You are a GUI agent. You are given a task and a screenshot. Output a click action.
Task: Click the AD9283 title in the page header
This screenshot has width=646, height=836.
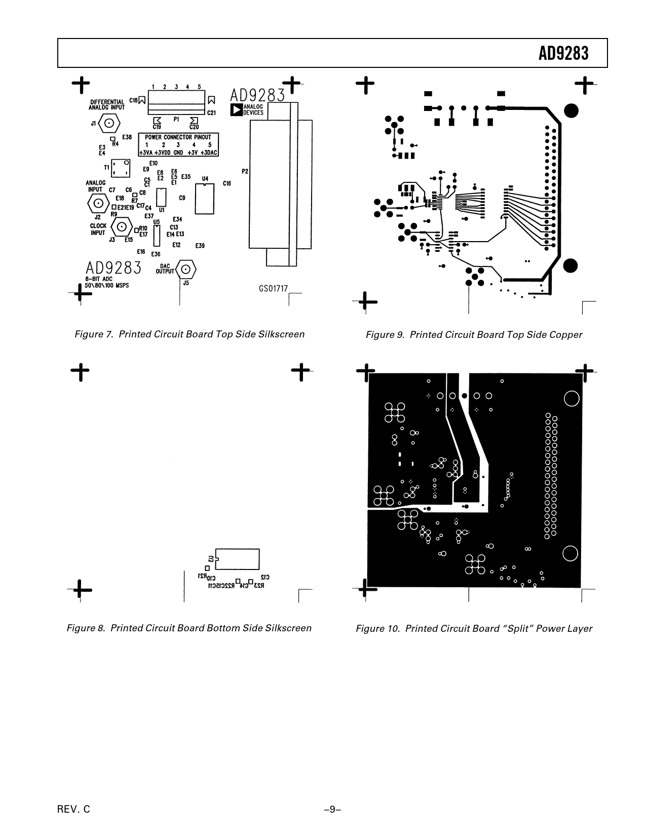(x=563, y=53)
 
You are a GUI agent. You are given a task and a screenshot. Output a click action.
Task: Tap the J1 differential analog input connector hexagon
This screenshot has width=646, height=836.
(x=109, y=123)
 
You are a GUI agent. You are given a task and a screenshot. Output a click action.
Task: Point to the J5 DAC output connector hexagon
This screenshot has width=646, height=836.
(x=186, y=269)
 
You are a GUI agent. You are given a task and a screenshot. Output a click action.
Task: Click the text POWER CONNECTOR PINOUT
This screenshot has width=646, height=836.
(x=178, y=137)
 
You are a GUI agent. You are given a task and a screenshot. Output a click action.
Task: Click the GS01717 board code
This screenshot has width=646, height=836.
(x=273, y=289)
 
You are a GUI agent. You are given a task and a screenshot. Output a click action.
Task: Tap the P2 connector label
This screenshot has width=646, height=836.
(x=245, y=171)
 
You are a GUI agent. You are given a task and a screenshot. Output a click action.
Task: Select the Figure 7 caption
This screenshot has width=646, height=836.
(x=189, y=334)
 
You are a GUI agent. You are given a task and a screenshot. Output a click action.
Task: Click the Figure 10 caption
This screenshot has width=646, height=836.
(x=474, y=629)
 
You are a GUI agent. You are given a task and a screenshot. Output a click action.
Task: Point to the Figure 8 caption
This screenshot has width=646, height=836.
(x=189, y=628)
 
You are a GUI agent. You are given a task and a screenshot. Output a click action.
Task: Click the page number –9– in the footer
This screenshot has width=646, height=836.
(x=332, y=809)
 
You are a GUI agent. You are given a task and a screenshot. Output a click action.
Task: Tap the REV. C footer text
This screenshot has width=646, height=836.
(x=74, y=809)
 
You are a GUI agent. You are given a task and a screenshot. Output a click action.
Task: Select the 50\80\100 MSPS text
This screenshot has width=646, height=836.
(x=107, y=286)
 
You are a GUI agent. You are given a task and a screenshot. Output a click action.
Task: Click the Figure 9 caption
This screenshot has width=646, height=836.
(x=474, y=335)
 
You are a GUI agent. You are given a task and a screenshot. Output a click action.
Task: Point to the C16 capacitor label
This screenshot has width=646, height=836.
(x=227, y=183)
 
